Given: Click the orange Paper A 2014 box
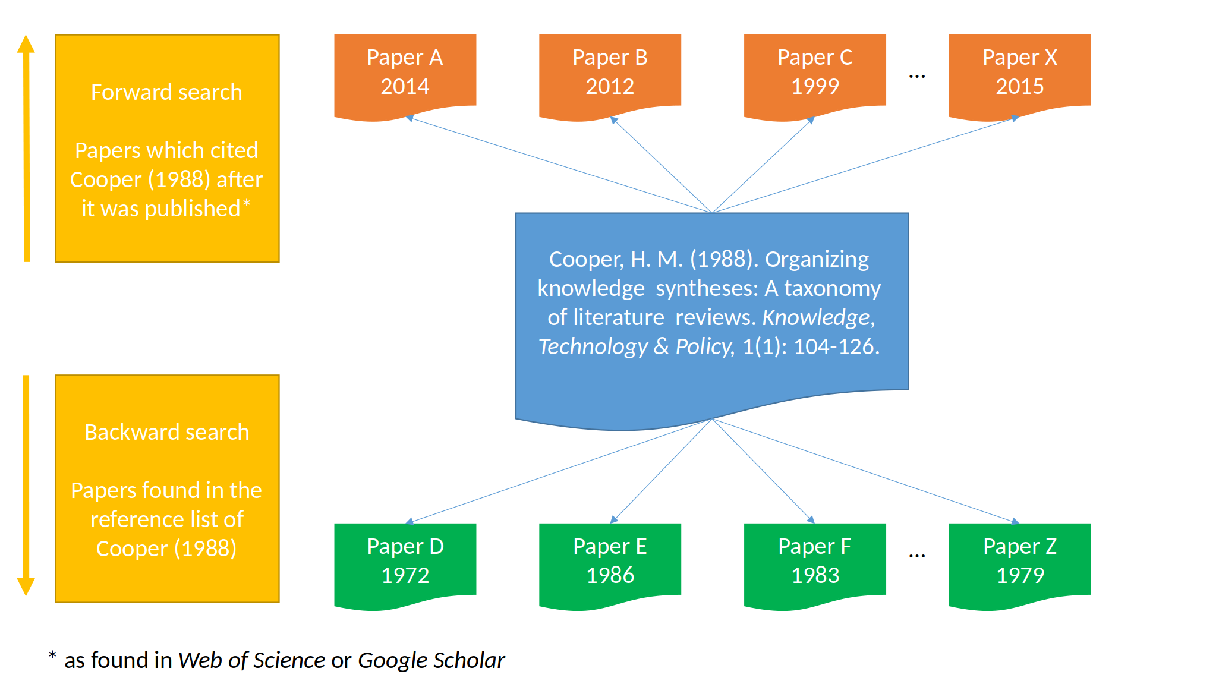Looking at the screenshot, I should (x=405, y=73).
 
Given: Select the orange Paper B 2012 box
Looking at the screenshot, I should (x=610, y=73).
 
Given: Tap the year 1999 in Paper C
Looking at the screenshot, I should (x=815, y=87).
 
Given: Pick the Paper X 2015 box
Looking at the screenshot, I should (x=1019, y=73).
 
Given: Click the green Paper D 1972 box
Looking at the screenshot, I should (x=405, y=562).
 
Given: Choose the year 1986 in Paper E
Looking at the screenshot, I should (x=610, y=575).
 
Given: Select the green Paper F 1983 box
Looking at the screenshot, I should (x=815, y=562).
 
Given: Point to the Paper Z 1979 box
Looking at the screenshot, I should (x=1019, y=562).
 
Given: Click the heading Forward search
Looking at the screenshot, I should (x=166, y=93).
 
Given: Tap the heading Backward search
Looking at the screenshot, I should (x=166, y=433).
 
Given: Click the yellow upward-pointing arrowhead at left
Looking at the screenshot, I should (x=26, y=44).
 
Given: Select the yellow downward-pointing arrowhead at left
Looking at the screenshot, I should (x=26, y=587).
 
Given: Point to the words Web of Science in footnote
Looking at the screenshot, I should (x=251, y=660).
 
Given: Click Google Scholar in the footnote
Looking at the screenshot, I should (x=431, y=660).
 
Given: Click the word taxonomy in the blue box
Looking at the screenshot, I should (x=832, y=289).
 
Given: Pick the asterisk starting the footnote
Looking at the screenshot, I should (x=52, y=655).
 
